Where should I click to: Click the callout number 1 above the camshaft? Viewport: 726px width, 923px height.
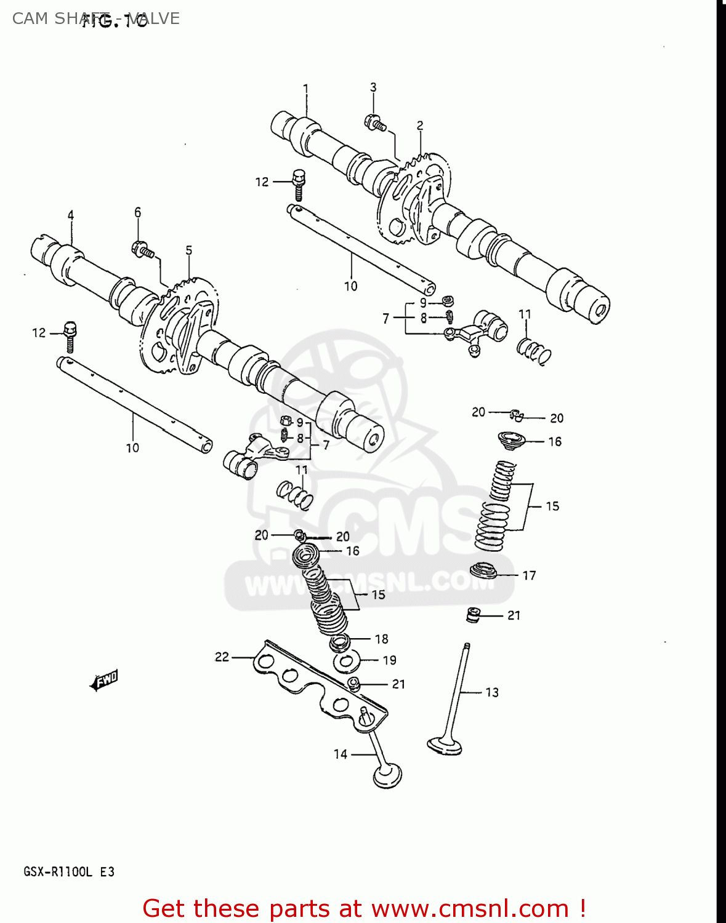305,89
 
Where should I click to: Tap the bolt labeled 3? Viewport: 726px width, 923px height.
375,123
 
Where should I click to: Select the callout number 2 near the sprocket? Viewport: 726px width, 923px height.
420,126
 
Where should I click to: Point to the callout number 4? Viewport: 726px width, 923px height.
71,215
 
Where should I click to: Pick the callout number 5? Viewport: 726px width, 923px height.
189,250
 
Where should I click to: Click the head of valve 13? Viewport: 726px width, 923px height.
445,745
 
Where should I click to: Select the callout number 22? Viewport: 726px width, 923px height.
222,657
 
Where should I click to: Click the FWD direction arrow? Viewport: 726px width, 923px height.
104,680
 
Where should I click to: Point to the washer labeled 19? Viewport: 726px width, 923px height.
347,662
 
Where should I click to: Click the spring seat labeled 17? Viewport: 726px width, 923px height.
483,570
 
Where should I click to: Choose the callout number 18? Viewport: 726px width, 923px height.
382,639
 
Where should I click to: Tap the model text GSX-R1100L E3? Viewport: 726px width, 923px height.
69,871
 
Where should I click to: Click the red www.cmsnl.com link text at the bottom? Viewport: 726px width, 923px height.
470,908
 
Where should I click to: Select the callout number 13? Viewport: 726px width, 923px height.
492,692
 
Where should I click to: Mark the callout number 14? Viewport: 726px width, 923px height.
341,754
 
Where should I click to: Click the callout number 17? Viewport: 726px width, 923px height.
529,575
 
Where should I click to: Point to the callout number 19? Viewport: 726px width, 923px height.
389,660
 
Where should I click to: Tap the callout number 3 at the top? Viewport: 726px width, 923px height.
373,87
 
